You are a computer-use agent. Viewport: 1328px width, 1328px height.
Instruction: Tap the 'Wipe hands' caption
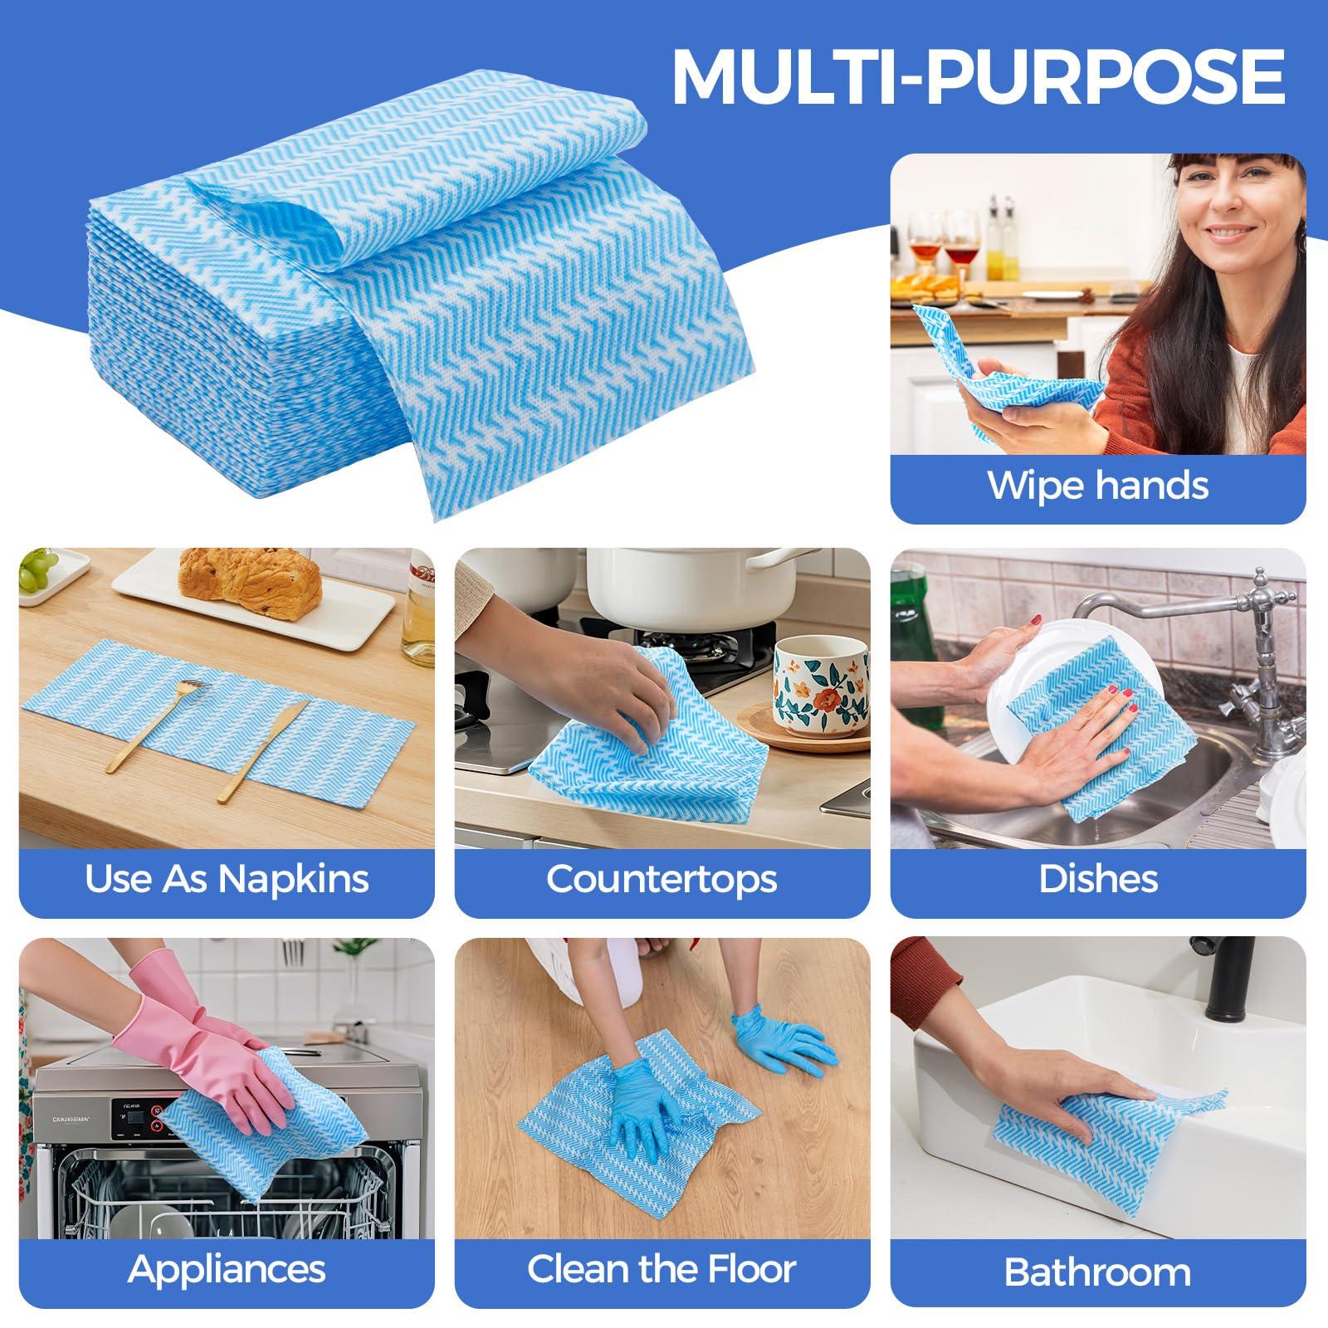point(1097,486)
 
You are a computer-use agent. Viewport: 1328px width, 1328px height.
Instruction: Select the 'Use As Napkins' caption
point(227,879)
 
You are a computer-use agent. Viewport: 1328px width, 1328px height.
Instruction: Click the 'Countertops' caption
point(662,879)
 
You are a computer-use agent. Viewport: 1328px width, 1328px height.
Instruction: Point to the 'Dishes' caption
point(1097,879)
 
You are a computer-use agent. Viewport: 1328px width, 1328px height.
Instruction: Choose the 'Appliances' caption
point(227,1268)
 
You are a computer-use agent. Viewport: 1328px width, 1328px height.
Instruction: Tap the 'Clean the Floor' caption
point(662,1268)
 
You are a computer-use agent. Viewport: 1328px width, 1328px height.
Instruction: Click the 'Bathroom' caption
point(1097,1272)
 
